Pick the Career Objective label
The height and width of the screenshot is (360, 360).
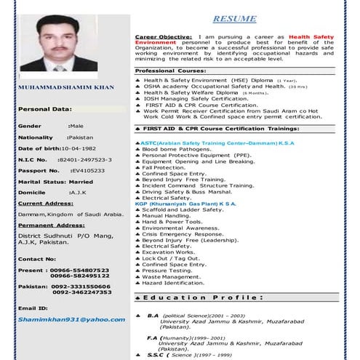click(164, 36)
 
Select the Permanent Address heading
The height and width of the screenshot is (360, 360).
click(48, 226)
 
